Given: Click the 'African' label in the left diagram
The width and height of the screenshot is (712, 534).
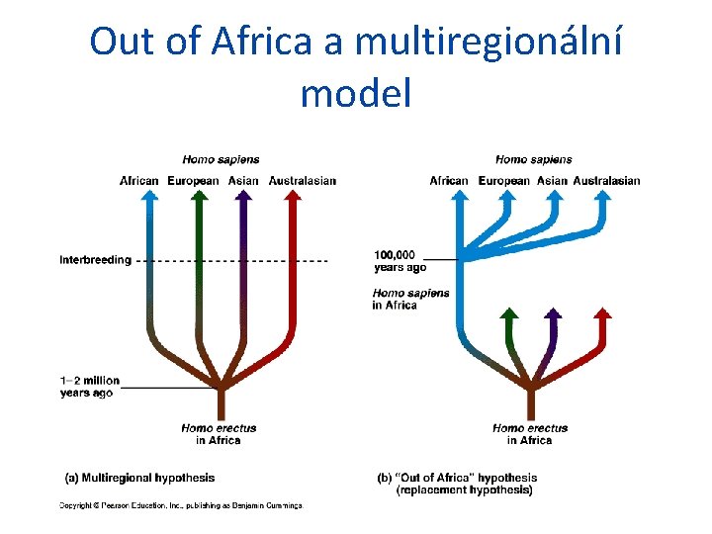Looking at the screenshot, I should [139, 181].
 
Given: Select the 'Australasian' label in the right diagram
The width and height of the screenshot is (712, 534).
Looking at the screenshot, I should [606, 181].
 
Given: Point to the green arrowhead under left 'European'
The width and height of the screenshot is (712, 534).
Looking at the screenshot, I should [200, 196].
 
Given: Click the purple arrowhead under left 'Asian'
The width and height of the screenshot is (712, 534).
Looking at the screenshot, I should [243, 196].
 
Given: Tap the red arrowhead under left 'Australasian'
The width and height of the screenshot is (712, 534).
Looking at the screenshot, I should [292, 196].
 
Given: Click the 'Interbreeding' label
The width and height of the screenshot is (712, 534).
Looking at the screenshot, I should [95, 260].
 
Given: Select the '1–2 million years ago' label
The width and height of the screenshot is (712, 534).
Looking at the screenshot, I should [89, 386].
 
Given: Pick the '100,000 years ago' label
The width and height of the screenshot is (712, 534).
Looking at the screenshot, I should [400, 260].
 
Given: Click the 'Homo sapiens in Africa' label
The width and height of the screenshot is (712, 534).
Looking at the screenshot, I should [410, 299].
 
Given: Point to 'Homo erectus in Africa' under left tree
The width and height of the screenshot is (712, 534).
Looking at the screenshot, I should [219, 434].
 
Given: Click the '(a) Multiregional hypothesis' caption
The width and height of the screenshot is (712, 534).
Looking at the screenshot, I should [139, 478].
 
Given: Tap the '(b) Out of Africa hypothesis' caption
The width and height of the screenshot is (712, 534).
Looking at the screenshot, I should [458, 484].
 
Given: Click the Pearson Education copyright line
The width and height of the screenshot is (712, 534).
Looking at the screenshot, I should [181, 505].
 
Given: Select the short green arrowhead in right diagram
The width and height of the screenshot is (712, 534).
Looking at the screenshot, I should [508, 314].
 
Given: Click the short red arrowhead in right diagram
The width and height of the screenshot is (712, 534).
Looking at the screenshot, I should [602, 313].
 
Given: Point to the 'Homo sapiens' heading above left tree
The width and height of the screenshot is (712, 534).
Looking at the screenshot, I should [221, 159].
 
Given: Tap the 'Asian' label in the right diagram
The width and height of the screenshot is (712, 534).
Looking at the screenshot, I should [552, 181].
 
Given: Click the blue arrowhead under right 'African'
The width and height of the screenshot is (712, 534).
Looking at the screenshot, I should [460, 196].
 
